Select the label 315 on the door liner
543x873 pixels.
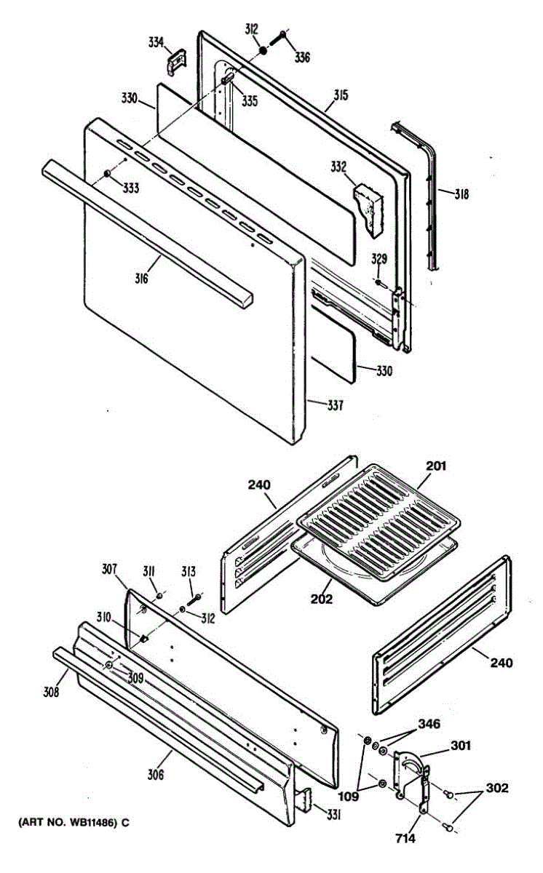point(341,95)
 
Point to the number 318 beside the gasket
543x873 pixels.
point(461,194)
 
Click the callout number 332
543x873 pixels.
point(338,167)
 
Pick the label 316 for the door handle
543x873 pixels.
point(140,278)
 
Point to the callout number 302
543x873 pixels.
point(497,788)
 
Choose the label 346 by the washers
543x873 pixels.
point(429,724)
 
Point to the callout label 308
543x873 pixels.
point(49,692)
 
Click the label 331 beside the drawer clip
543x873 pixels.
point(333,816)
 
